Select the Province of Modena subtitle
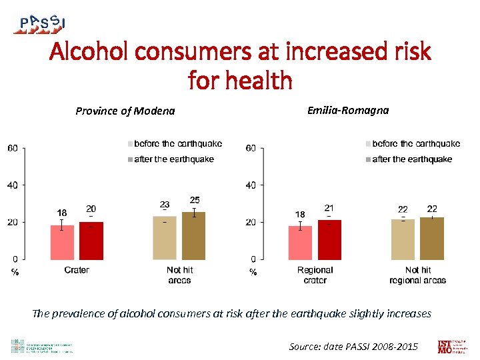tap(125, 111)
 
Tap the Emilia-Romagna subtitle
tap(347, 110)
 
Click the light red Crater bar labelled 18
tap(62, 242)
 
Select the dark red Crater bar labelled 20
tap(91, 241)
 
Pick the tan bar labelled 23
tap(165, 237)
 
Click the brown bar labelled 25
tap(194, 235)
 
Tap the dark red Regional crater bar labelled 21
tap(329, 239)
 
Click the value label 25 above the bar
tap(194, 200)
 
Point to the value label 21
tap(329, 208)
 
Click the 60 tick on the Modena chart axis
tap(13, 148)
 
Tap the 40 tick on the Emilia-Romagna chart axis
tap(251, 185)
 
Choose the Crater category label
tap(77, 270)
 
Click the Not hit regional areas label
tap(417, 275)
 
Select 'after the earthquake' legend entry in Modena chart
tap(173, 159)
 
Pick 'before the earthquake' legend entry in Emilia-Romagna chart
tap(415, 143)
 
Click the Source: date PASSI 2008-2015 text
tap(353, 346)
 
